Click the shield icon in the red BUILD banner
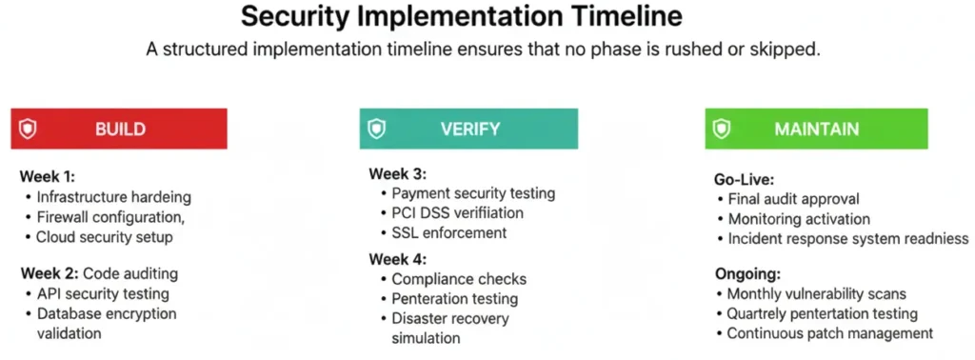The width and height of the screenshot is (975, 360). (x=28, y=129)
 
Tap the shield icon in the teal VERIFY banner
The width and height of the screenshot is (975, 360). (x=377, y=129)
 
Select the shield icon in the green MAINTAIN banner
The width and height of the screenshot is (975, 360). (x=723, y=129)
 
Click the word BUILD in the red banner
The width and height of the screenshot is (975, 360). (x=120, y=129)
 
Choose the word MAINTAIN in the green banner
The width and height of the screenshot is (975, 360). (x=816, y=129)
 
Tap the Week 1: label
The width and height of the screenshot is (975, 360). (x=47, y=176)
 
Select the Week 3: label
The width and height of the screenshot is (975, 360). (x=397, y=173)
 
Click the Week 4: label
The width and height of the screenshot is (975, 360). (x=397, y=258)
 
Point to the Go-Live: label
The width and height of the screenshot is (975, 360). (x=746, y=179)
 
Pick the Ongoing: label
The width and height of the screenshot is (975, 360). (x=746, y=273)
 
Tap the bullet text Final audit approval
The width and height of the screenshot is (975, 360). (x=793, y=199)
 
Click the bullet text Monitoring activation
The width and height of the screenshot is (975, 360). (x=798, y=219)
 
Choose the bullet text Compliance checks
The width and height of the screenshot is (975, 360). (x=459, y=279)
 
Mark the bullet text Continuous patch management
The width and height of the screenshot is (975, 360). (x=829, y=333)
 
